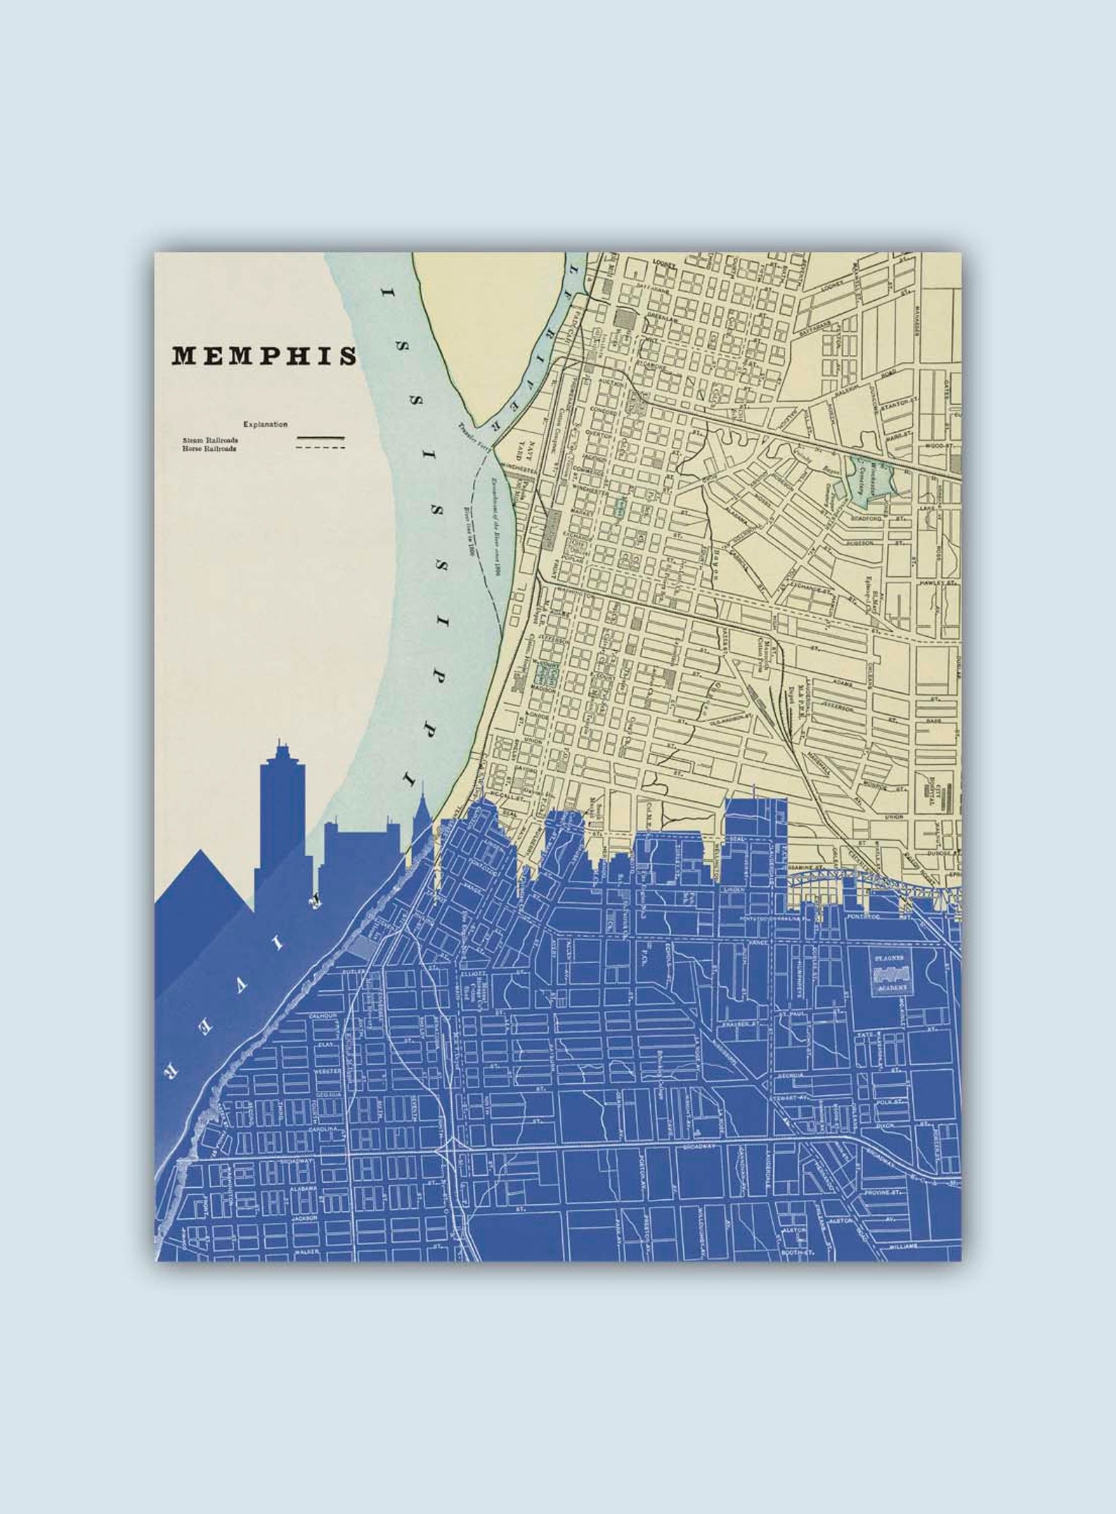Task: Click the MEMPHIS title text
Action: (264, 356)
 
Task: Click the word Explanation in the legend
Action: (265, 425)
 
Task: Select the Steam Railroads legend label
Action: (210, 440)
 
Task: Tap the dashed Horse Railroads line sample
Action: (320, 447)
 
